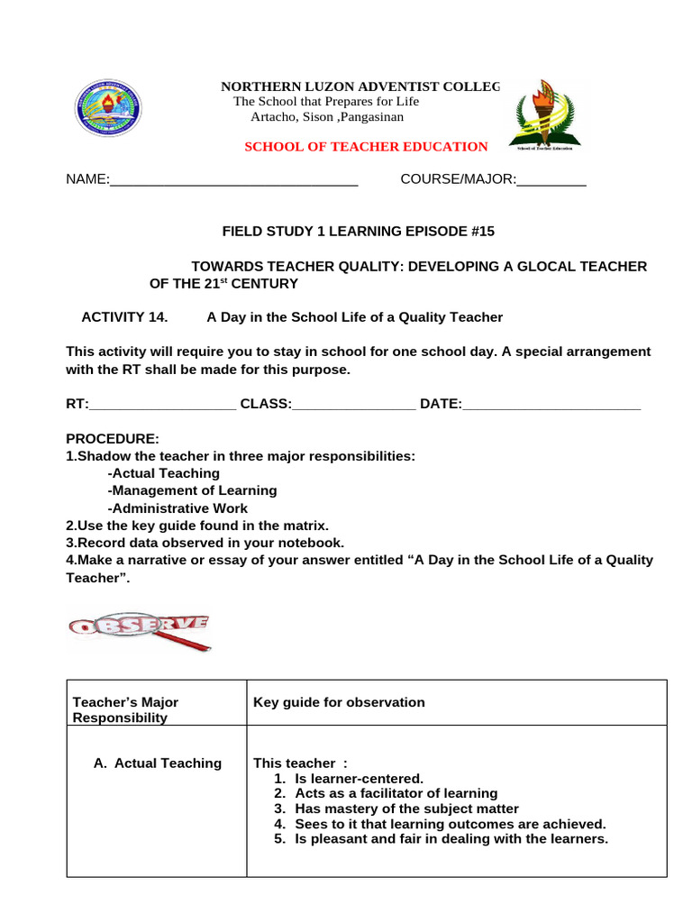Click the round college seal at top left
click(x=107, y=108)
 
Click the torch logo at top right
click(x=545, y=114)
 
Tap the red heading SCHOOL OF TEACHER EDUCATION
click(x=366, y=146)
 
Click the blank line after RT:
click(x=162, y=404)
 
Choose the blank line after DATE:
click(x=551, y=404)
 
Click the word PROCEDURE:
click(x=113, y=439)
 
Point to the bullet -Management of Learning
click(x=192, y=491)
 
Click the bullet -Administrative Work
click(x=178, y=508)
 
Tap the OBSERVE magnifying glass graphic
click(x=140, y=630)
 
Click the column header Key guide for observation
click(x=339, y=702)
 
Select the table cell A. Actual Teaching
click(x=157, y=763)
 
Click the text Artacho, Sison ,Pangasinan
click(x=327, y=117)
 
